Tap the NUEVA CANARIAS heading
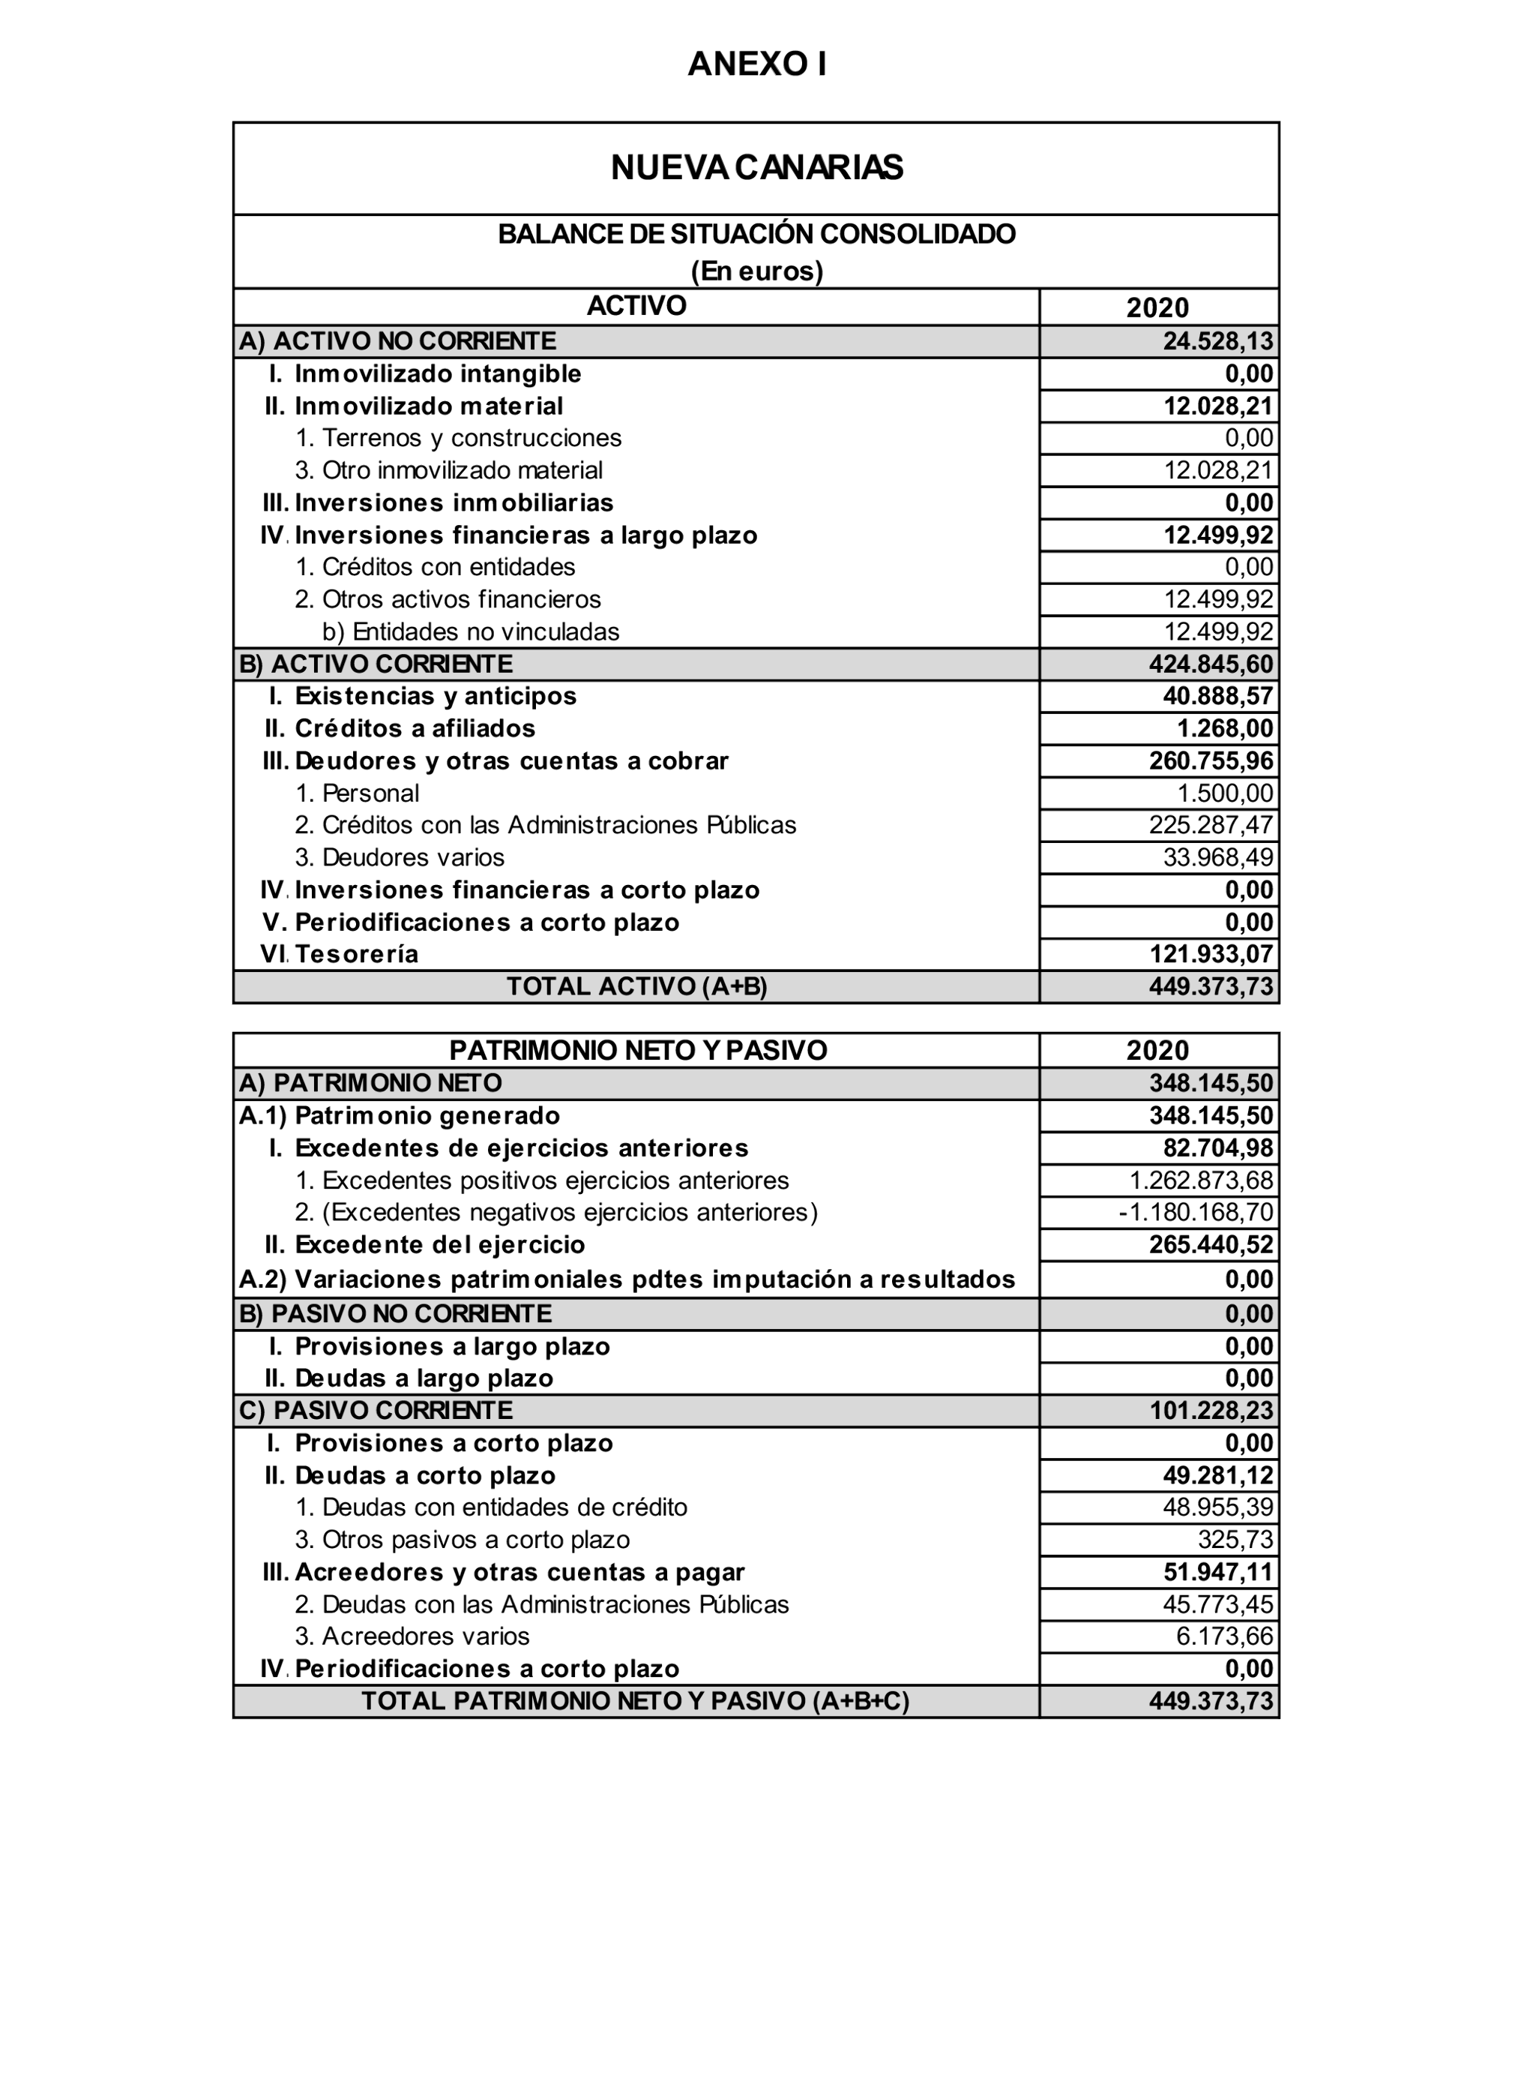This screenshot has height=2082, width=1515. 757,168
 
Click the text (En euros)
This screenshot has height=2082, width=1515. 757,271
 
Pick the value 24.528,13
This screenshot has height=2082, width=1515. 1217,341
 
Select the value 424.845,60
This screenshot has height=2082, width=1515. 1211,664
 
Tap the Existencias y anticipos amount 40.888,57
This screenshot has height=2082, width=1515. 1217,696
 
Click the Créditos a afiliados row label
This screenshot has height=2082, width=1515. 415,729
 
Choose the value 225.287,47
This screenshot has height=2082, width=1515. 1211,825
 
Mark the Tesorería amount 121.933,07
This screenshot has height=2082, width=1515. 1211,955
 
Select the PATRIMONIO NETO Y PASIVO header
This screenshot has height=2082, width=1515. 638,1050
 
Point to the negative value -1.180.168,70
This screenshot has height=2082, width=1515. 1196,1213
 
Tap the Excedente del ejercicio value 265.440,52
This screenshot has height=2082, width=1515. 1211,1245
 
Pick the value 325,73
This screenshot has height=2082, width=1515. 1235,1540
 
